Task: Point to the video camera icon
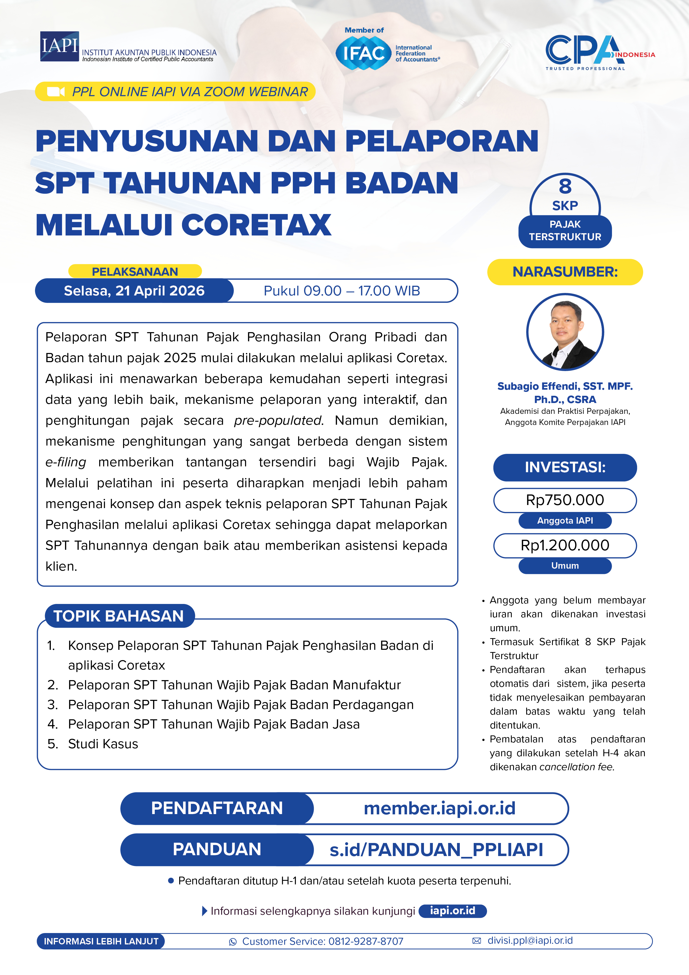(x=56, y=92)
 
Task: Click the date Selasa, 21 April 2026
(x=134, y=291)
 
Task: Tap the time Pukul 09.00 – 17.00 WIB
(x=342, y=291)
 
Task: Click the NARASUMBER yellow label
(x=565, y=272)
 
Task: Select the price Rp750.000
(x=565, y=500)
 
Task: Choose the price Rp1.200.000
(x=565, y=545)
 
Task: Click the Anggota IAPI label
(x=565, y=521)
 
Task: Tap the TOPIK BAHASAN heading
(x=119, y=616)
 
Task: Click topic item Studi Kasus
(x=103, y=744)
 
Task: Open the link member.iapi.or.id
(x=440, y=808)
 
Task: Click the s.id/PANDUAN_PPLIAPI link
(x=436, y=850)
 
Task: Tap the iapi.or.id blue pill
(x=453, y=911)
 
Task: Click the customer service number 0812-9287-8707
(x=366, y=941)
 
